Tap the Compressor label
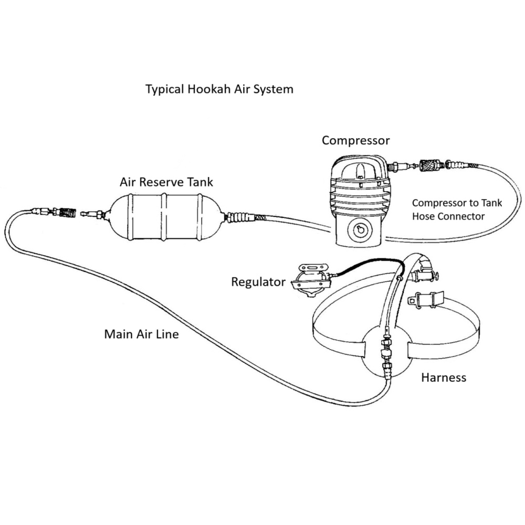pyautogui.click(x=355, y=140)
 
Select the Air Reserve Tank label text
pyautogui.click(x=166, y=182)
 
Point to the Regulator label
pyautogui.click(x=258, y=282)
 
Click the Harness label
pyautogui.click(x=444, y=377)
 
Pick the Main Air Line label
pyautogui.click(x=141, y=334)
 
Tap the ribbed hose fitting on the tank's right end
pyautogui.click(x=240, y=216)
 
